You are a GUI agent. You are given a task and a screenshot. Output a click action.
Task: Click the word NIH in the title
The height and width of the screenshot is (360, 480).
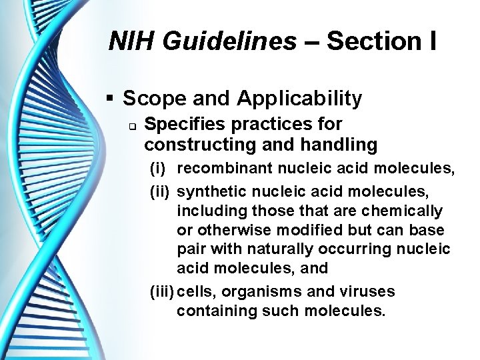[x=129, y=42]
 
